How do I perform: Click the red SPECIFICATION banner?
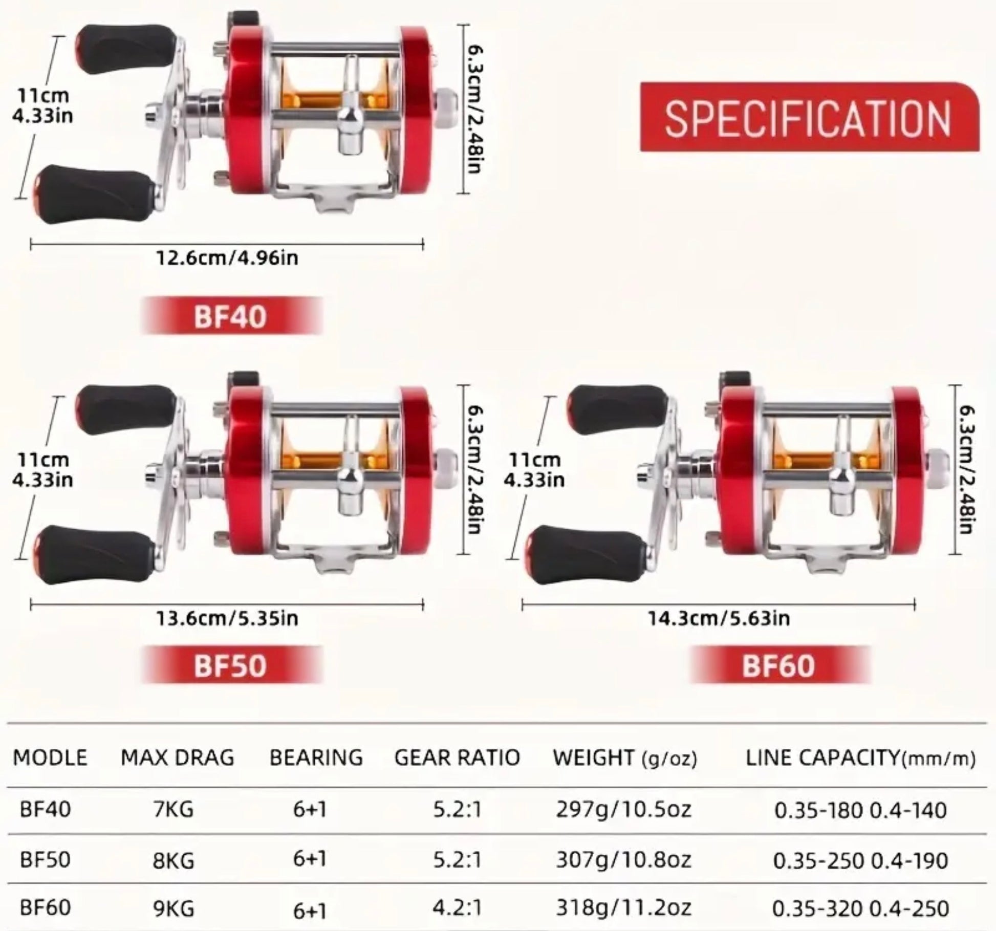(810, 117)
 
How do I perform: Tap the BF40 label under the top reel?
(231, 316)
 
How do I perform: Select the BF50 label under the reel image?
(231, 665)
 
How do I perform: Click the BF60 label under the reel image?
(778, 665)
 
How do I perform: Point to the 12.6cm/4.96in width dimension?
(227, 258)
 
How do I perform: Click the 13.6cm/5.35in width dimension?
(227, 618)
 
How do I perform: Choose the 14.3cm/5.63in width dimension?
(719, 618)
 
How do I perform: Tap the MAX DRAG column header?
(177, 757)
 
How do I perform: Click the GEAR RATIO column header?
(457, 757)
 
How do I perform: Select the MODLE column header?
(50, 757)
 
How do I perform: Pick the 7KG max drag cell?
(174, 810)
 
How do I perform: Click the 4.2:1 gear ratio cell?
(457, 907)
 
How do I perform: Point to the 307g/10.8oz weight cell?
(623, 859)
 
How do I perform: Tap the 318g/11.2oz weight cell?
(623, 907)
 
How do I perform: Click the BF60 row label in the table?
(45, 907)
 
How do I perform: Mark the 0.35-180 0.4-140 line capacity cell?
(860, 810)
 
